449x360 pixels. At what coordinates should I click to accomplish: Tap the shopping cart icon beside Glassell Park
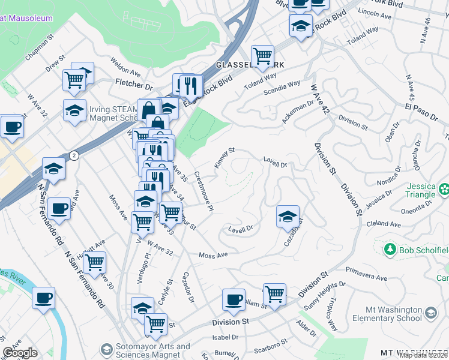point(262,56)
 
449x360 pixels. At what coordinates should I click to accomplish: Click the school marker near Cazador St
point(288,216)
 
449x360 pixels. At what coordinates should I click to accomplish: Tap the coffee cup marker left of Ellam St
point(234,299)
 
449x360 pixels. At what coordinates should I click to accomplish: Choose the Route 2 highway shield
point(73,155)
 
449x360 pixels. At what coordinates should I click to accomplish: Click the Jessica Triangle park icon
point(444,190)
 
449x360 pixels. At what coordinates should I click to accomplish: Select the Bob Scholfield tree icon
point(390,248)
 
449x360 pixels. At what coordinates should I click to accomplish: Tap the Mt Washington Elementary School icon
point(430,313)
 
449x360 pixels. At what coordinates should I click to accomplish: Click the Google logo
point(19,353)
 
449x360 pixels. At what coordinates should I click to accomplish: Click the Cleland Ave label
point(384,224)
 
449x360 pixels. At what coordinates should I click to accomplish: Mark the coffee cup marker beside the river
point(43,298)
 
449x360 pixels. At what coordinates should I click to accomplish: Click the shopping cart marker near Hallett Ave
point(94,262)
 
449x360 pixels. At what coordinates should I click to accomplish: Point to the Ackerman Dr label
point(298,112)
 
